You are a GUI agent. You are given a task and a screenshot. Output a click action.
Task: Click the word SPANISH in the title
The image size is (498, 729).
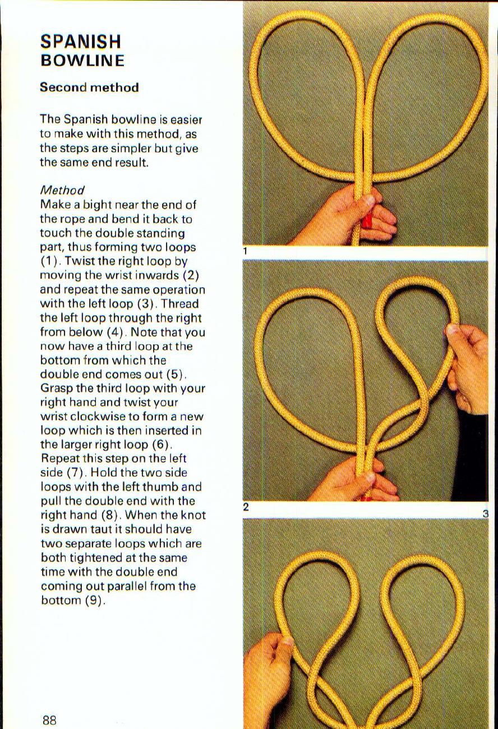[81, 41]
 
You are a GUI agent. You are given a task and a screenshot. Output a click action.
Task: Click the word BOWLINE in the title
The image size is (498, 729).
[82, 60]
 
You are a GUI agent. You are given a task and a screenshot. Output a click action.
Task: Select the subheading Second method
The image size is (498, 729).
[89, 87]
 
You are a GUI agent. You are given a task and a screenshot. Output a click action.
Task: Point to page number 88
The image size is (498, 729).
[49, 719]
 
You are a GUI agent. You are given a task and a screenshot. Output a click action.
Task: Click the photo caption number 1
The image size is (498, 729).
[246, 252]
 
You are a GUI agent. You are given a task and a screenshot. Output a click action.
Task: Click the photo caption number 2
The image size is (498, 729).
[246, 507]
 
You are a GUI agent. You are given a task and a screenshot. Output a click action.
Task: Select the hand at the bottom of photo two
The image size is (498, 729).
[359, 479]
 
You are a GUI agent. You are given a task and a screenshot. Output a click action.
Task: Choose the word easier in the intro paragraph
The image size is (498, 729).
[185, 119]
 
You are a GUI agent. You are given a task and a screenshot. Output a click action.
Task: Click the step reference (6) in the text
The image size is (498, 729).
[158, 445]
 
